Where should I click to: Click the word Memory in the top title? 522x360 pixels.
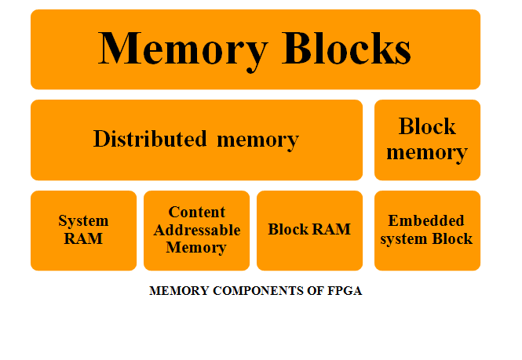pos(183,49)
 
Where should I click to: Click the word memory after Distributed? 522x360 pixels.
pos(257,140)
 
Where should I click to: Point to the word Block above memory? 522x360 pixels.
pos(427,126)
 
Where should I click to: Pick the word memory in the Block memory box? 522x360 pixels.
pos(427,152)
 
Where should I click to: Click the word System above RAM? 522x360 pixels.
pos(83,221)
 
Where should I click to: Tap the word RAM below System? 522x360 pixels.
pos(83,238)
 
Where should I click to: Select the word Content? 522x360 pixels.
pos(197,213)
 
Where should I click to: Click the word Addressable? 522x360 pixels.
pos(197,230)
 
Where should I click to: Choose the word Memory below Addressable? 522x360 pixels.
pos(196,248)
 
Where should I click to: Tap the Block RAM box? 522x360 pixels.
pos(309,231)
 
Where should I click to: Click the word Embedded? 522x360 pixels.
pos(426,220)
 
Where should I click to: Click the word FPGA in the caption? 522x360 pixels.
pos(345,291)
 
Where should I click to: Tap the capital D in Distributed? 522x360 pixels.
pos(100,140)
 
